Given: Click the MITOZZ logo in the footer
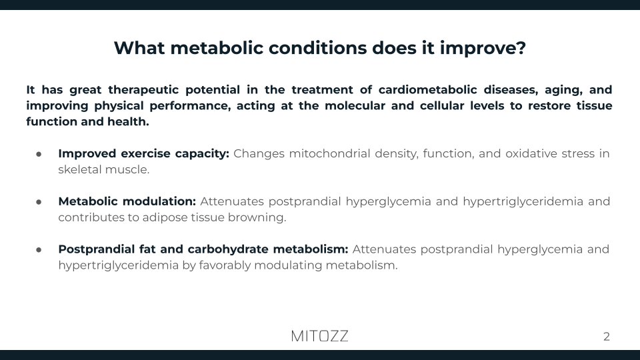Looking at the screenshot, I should click(319, 336).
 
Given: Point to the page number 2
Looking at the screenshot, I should click(606, 337).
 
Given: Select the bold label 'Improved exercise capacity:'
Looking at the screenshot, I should click(143, 153).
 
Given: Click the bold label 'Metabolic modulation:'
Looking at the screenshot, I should click(127, 201).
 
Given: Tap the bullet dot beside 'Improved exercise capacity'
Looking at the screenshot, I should click(39, 154).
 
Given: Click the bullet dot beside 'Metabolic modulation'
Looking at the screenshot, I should click(39, 202).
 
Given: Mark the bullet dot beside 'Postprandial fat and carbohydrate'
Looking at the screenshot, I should click(39, 250).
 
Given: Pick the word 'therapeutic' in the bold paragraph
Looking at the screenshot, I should click(152, 89).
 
